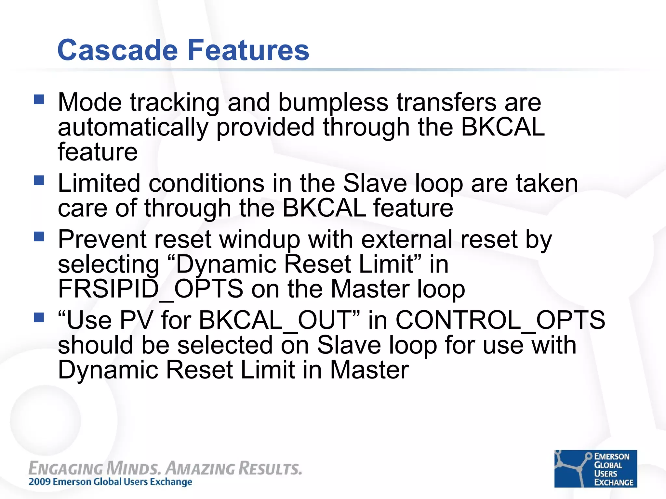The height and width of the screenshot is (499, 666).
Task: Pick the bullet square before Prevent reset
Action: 39,236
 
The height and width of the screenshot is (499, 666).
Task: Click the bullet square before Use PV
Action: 39,317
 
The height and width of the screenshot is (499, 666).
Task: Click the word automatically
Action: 133,127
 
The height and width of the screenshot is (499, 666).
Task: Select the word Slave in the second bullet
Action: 375,183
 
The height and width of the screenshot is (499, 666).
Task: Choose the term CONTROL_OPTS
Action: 500,320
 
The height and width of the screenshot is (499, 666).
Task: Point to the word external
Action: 406,239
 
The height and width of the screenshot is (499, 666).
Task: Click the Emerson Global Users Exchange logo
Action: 595,468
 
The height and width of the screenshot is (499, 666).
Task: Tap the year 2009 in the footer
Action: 39,482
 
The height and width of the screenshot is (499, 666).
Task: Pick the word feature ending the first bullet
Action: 98,152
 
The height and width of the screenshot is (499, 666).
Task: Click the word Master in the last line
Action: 369,370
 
